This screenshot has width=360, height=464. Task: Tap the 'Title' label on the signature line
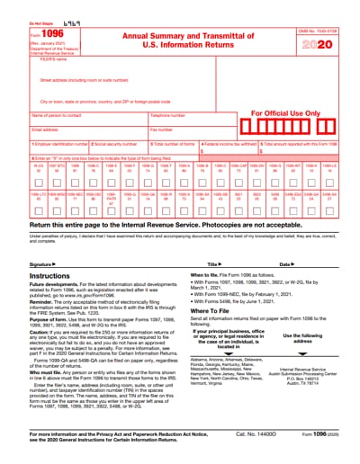point(212,264)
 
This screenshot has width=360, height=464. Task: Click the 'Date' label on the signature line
point(284,264)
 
